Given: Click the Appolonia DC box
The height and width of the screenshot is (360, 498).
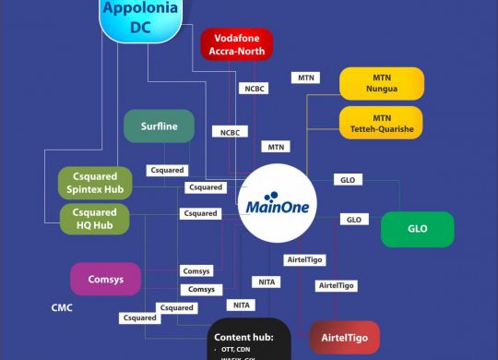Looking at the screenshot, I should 140,18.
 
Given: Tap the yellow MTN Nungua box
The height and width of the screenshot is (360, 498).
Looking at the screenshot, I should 382,83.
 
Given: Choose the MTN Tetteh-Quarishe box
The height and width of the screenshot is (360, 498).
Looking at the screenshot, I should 382,124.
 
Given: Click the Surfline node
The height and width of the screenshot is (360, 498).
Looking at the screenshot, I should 159,126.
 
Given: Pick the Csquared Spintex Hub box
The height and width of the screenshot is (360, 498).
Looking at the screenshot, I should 96,182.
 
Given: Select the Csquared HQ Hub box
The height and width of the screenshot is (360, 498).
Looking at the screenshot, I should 96,219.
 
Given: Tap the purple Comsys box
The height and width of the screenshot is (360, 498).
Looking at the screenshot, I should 104,278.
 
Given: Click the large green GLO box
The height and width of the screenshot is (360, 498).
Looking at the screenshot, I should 417,229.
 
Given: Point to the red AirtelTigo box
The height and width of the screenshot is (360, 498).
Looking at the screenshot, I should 344,339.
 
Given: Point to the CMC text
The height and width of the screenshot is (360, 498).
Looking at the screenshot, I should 62,307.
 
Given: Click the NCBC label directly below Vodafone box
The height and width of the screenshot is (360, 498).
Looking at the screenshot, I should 254,90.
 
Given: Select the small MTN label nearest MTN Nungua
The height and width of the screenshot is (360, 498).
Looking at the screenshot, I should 305,78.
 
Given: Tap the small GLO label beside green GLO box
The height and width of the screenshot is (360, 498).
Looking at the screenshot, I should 353,220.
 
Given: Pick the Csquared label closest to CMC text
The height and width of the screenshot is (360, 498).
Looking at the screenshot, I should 139,318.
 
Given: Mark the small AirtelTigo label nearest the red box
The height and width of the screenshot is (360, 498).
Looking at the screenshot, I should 336,286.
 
